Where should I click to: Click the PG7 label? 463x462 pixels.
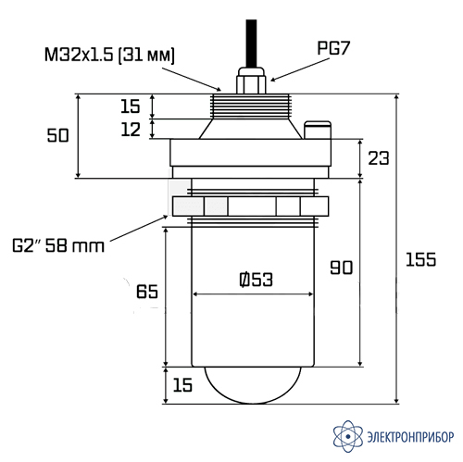(x=333, y=48)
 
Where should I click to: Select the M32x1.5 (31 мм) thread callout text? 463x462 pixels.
(x=109, y=55)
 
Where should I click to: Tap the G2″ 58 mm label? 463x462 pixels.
(x=58, y=245)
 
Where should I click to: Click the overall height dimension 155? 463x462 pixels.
(x=420, y=259)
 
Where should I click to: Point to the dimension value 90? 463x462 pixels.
(x=341, y=268)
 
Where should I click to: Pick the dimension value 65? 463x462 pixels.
(x=147, y=292)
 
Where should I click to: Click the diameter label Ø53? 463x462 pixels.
(x=256, y=280)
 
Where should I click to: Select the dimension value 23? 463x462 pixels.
(x=379, y=158)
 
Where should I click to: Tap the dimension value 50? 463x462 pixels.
(x=57, y=135)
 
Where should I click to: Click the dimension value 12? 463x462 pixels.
(x=131, y=130)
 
